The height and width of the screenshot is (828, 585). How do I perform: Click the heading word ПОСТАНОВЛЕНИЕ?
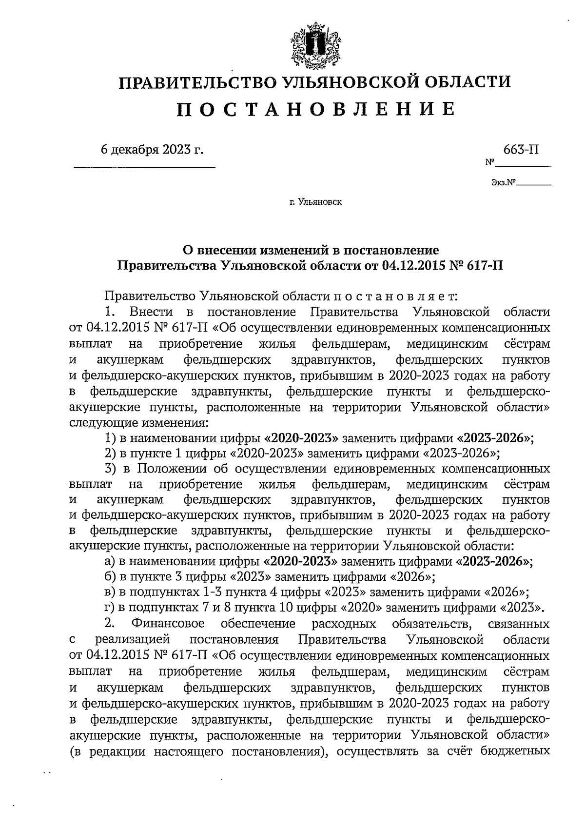(x=315, y=109)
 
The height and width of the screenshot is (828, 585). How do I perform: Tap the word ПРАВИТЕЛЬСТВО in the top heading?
(x=197, y=81)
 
